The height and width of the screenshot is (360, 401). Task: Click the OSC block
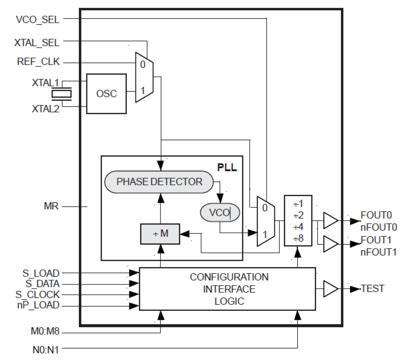[x=106, y=94]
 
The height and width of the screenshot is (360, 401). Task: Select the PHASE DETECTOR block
[x=159, y=182]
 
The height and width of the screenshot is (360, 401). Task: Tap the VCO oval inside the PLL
[x=220, y=212]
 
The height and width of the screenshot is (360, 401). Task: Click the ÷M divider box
[x=160, y=234]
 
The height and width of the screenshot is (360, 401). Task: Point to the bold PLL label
[x=227, y=167]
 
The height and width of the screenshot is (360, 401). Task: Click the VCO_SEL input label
[x=38, y=19]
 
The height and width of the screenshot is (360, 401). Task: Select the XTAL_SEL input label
[x=37, y=42]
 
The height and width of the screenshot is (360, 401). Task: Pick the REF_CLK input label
[x=38, y=62]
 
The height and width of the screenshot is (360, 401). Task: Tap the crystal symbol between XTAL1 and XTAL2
[x=61, y=94]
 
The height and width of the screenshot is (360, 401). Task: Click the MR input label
[x=51, y=206]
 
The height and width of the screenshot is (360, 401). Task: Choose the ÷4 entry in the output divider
[x=298, y=227]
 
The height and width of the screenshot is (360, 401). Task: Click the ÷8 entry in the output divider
[x=298, y=238]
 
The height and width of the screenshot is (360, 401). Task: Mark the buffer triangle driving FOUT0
[x=330, y=220]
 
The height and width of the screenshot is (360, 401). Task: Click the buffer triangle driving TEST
[x=330, y=289]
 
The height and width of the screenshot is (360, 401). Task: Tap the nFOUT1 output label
[x=378, y=252]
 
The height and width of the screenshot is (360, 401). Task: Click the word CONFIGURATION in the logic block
[x=229, y=277]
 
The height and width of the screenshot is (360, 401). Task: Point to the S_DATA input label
[x=42, y=284]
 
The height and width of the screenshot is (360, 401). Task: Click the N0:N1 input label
[x=46, y=350]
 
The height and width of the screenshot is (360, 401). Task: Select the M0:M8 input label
[x=45, y=331]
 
